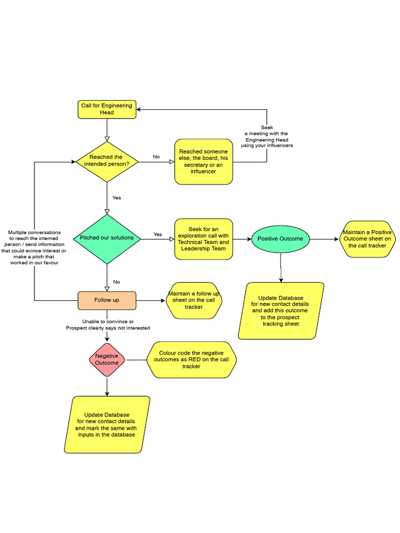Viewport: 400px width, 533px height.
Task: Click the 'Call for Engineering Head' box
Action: pyautogui.click(x=107, y=109)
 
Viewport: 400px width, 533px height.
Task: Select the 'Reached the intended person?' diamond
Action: pyautogui.click(x=107, y=161)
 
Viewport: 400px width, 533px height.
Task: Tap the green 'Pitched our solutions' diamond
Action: pyautogui.click(x=107, y=238)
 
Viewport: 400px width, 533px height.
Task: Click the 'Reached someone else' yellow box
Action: pyautogui.click(x=203, y=161)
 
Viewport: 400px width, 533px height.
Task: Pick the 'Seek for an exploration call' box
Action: pyautogui.click(x=203, y=239)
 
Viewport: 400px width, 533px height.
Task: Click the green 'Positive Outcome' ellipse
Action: pyautogui.click(x=280, y=239)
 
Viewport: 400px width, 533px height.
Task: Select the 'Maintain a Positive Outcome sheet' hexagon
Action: pyautogui.click(x=367, y=239)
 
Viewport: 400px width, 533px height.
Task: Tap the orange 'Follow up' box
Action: pyautogui.click(x=107, y=300)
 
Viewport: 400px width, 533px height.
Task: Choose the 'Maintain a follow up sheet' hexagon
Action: pyautogui.click(x=193, y=300)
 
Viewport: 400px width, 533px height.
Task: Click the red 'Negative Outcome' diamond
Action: pyautogui.click(x=107, y=360)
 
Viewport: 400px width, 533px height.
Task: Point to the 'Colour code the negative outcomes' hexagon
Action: pyautogui.click(x=191, y=360)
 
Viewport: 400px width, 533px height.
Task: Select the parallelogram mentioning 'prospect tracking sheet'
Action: pyautogui.click(x=281, y=311)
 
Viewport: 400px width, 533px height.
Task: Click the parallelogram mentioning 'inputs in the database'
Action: pyautogui.click(x=107, y=425)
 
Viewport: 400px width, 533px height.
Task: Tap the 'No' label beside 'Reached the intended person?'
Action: pyautogui.click(x=156, y=157)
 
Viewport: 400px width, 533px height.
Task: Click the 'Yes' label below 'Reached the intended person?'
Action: pyautogui.click(x=117, y=198)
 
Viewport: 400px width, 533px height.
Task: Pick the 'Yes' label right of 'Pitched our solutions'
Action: pyautogui.click(x=158, y=234)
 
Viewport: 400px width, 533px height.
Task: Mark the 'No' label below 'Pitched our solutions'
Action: pyautogui.click(x=117, y=282)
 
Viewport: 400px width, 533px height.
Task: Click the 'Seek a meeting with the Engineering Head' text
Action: pyautogui.click(x=267, y=136)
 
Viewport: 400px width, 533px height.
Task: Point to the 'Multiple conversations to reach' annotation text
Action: pyautogui.click(x=34, y=248)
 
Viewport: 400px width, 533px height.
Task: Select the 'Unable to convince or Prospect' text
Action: pyautogui.click(x=108, y=325)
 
